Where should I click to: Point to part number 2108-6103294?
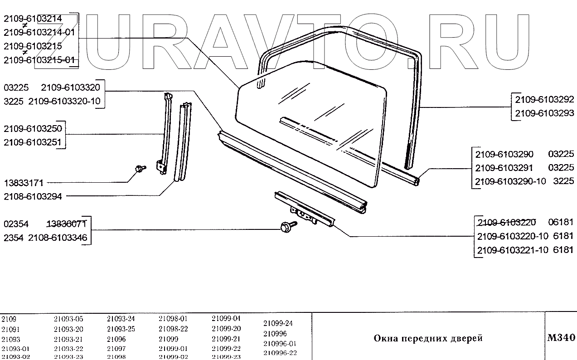(33, 196)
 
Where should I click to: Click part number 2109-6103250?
(33, 129)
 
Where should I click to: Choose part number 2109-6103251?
(33, 142)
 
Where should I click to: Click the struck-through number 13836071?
(68, 224)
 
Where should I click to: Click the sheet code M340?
(561, 338)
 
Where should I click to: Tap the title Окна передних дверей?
(428, 338)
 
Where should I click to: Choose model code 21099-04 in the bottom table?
(226, 318)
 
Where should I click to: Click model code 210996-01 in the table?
(280, 343)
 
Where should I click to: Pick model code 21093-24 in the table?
(121, 318)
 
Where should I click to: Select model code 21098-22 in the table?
(173, 329)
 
